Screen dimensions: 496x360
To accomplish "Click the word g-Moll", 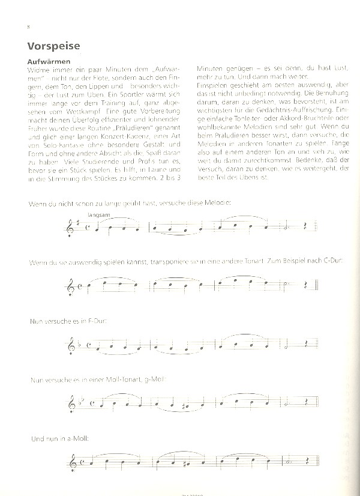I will (154, 378).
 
